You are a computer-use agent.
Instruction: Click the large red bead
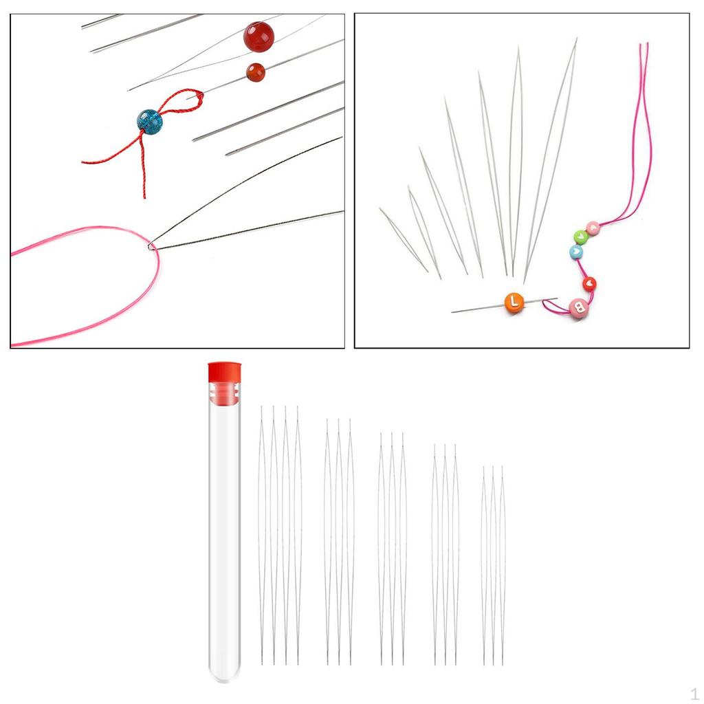(x=258, y=37)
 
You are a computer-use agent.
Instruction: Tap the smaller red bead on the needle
(x=256, y=72)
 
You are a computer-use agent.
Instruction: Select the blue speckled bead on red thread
(x=149, y=122)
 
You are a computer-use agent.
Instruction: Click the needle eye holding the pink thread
(x=151, y=246)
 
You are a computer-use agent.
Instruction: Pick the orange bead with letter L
(x=514, y=302)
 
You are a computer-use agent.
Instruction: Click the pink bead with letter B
(x=579, y=308)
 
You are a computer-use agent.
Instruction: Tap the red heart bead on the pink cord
(x=589, y=284)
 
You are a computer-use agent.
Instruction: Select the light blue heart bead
(x=576, y=252)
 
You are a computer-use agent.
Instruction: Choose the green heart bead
(x=580, y=236)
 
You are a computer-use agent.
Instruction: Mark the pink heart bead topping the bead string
(x=593, y=228)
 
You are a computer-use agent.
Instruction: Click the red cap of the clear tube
(x=225, y=372)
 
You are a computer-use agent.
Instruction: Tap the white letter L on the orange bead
(x=514, y=302)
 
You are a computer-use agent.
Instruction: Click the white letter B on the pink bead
(x=580, y=308)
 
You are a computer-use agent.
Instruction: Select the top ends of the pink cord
(x=643, y=45)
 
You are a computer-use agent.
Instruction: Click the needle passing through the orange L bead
(x=504, y=305)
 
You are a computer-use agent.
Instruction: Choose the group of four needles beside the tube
(x=279, y=535)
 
